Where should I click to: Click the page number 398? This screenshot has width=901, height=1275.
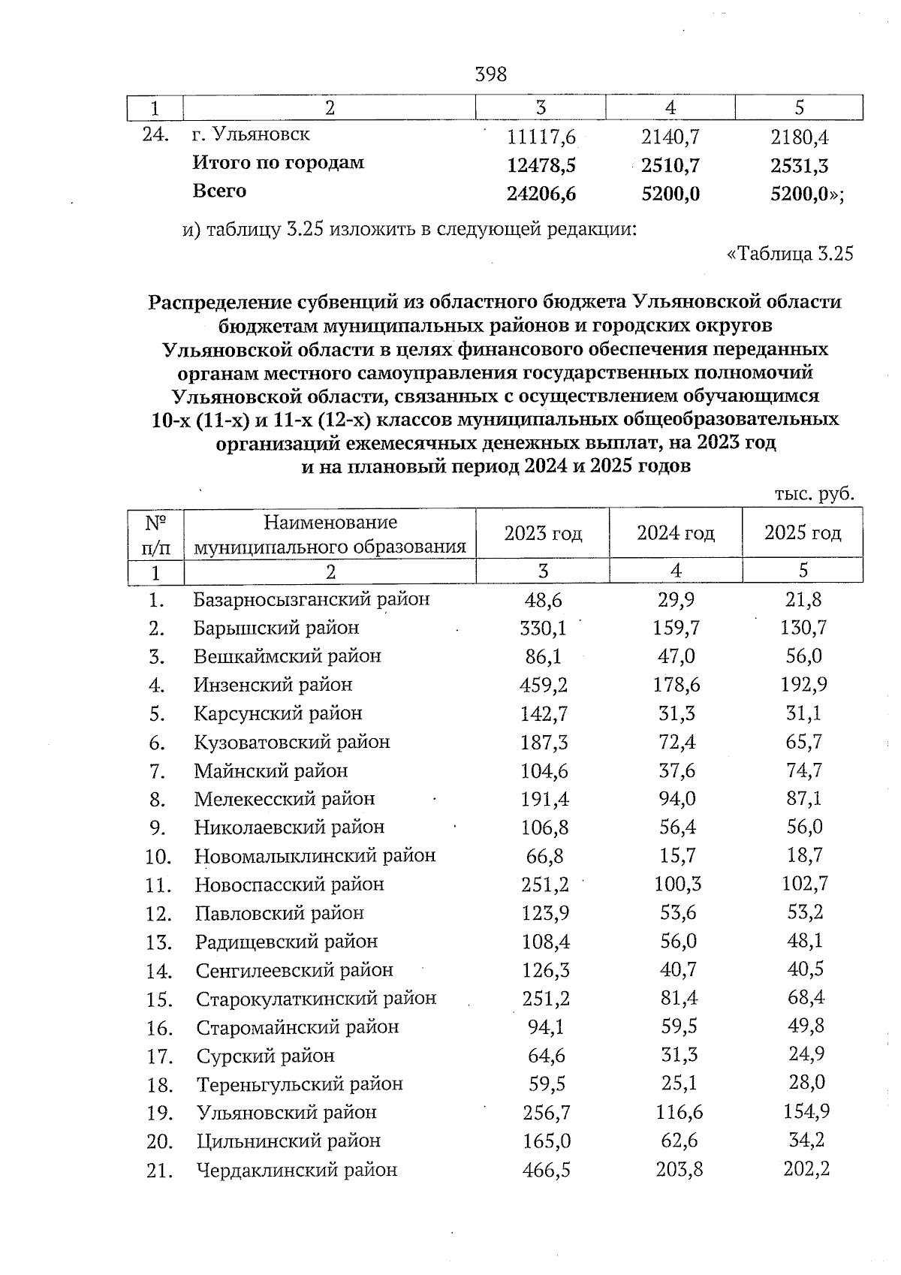(x=491, y=74)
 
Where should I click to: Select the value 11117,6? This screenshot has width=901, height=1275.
(x=541, y=137)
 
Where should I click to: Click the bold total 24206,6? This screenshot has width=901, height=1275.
(x=541, y=194)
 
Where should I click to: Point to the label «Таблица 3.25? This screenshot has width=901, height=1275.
(x=790, y=254)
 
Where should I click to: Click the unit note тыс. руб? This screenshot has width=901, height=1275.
(x=814, y=493)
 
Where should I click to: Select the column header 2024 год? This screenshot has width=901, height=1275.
(x=675, y=533)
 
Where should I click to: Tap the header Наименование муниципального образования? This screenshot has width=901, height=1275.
(x=330, y=534)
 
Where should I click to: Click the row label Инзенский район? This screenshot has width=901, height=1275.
(x=273, y=685)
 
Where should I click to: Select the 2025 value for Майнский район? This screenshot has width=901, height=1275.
(x=804, y=770)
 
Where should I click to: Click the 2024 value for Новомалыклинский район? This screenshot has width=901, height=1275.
(x=675, y=856)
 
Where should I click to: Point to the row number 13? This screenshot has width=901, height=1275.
(x=159, y=942)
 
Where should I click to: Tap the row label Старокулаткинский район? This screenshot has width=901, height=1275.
(x=316, y=999)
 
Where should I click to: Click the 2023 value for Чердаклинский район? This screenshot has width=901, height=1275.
(x=544, y=1170)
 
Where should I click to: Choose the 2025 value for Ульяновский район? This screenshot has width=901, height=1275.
(x=805, y=1112)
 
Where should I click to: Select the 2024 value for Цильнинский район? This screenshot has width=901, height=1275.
(x=676, y=1141)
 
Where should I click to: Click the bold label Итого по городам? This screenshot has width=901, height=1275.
(x=278, y=162)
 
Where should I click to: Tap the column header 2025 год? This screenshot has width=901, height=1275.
(x=803, y=533)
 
